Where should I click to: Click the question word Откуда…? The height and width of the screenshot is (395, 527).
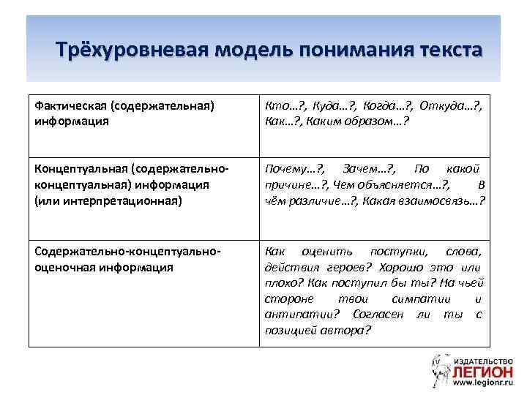pos(452,107)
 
